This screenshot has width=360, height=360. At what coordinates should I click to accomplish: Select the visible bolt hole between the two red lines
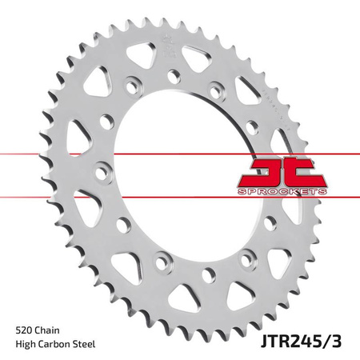click(x=102, y=170)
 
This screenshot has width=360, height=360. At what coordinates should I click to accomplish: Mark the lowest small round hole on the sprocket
click(x=206, y=275)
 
